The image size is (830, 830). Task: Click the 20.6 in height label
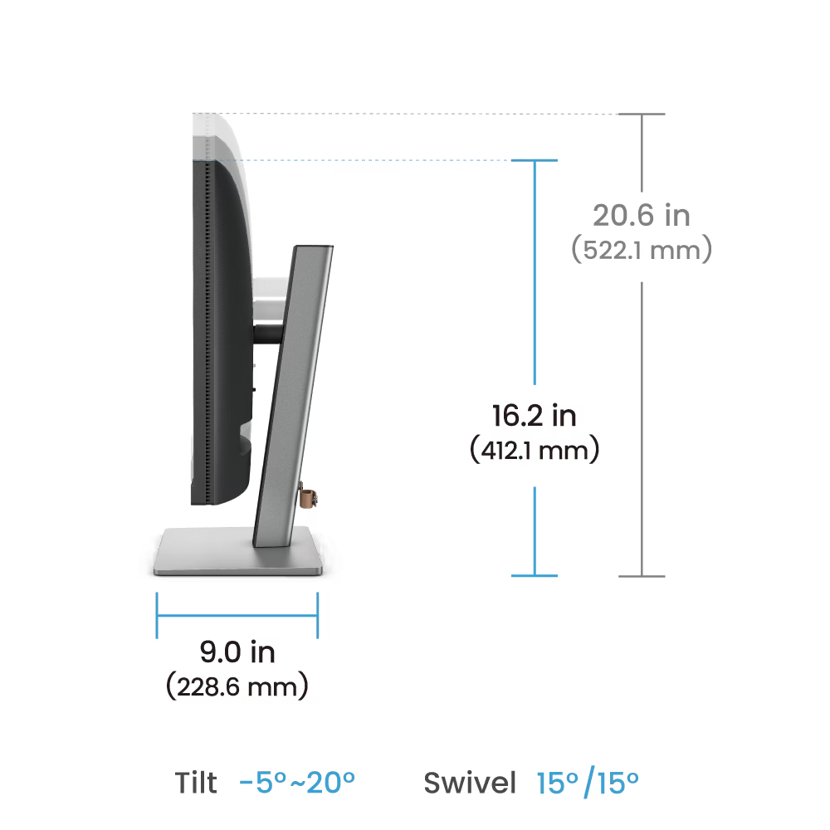coord(641,216)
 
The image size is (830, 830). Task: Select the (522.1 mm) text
coord(642,250)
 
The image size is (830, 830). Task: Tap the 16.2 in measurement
coord(534,416)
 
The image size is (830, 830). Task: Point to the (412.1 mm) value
coord(535,450)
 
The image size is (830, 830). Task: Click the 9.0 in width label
coord(237,652)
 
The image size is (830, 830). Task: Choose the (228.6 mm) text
coord(237,686)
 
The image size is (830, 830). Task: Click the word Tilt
coord(196,783)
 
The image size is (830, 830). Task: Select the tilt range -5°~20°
coord(297,783)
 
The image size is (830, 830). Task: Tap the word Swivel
coord(470,783)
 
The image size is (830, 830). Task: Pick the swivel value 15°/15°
coord(588,783)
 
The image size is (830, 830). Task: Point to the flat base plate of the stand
coord(238,552)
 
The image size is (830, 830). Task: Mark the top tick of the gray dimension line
coord(642,114)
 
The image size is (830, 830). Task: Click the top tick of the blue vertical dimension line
coord(534,160)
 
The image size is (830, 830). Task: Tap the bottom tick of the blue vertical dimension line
coord(534,575)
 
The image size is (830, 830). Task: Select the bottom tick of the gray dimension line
coord(642,576)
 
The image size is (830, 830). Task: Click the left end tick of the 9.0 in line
coord(157,615)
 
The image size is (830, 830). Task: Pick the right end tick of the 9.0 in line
coord(318,615)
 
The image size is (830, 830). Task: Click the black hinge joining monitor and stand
coord(268,334)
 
